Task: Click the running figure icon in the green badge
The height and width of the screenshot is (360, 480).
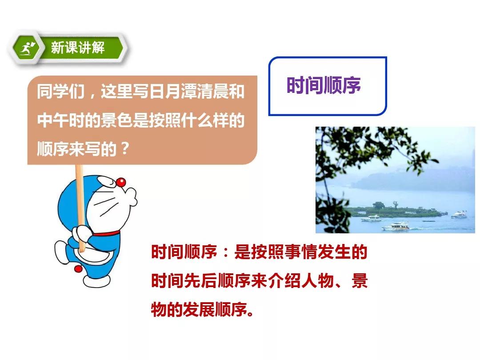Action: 27,49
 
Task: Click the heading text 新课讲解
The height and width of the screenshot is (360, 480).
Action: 78,48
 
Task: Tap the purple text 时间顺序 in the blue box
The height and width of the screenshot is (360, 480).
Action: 324,85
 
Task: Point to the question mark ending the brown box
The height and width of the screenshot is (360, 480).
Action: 125,149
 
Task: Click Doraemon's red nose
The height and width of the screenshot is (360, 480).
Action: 121,183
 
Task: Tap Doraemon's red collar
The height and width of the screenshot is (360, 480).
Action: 106,234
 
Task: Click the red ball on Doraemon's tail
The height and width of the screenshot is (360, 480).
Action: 78,269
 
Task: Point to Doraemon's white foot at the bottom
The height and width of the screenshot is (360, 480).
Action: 97,281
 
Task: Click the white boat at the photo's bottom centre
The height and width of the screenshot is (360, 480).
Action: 396,227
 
